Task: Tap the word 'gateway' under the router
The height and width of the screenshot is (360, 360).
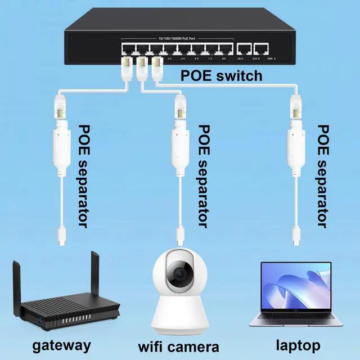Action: click(x=62, y=344)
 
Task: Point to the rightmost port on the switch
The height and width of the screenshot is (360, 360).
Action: click(x=260, y=49)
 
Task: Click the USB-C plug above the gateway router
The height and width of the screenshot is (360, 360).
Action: click(x=60, y=233)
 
